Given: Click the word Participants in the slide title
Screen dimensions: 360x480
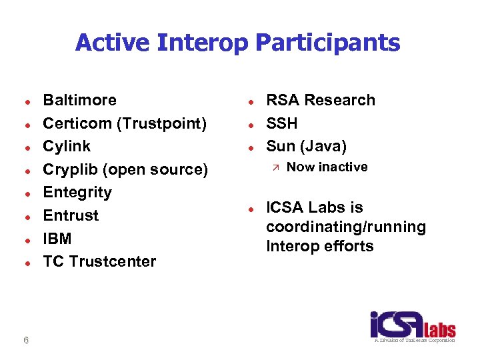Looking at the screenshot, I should click(327, 43).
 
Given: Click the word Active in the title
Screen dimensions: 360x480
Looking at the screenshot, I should click(113, 43).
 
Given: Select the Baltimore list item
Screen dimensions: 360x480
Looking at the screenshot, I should click(79, 100).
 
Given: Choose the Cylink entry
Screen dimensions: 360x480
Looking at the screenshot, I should click(67, 146).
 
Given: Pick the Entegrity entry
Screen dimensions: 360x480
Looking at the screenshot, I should click(77, 192).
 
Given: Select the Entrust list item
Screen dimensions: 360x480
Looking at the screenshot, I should click(71, 215).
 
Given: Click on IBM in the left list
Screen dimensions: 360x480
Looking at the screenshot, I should click(57, 239).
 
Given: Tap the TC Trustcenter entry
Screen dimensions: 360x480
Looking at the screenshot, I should click(99, 261).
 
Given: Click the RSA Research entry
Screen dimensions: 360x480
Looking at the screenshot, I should click(320, 100).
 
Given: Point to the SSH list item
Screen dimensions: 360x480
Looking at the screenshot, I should click(281, 123).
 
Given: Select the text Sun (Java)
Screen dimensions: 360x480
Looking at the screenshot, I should click(306, 146).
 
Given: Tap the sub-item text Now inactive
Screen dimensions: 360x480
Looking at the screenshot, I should click(327, 167).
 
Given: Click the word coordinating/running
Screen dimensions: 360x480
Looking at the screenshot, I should click(345, 227).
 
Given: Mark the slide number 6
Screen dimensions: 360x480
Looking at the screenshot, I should click(25, 341).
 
